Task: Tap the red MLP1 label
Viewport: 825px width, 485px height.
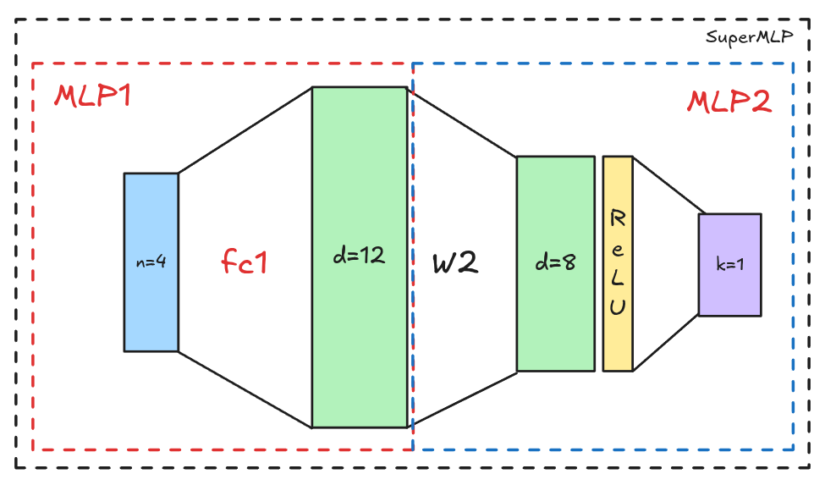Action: tap(92, 96)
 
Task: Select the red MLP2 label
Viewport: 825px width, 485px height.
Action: tap(728, 102)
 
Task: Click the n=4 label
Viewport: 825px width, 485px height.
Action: tap(151, 262)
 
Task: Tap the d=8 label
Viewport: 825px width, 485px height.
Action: tap(555, 262)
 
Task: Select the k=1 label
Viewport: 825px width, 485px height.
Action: tap(729, 264)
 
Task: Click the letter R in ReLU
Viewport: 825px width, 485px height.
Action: tap(618, 218)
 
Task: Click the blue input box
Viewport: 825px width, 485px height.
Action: tap(151, 212)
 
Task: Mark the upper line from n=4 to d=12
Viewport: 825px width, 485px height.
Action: tap(245, 130)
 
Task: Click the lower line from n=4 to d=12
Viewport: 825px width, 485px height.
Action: tap(245, 389)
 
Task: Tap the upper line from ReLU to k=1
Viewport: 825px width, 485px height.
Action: tap(668, 185)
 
